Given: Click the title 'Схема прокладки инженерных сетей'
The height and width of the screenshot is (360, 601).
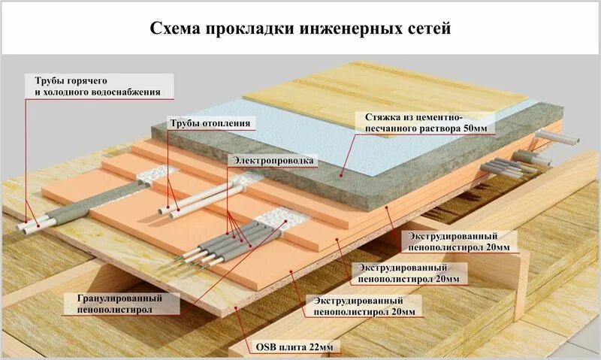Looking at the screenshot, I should [300, 29].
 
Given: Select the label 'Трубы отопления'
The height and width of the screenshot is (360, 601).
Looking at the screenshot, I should [209, 123].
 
